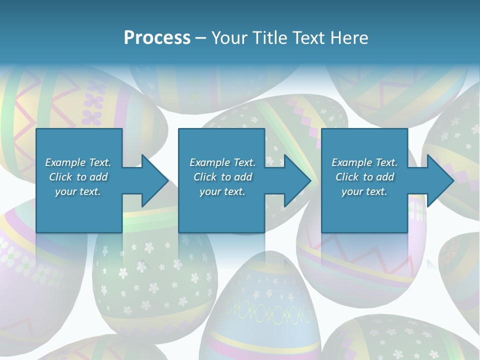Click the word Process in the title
click(x=157, y=38)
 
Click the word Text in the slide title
click(x=310, y=38)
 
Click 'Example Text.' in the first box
click(x=78, y=162)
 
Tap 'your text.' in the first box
click(x=78, y=191)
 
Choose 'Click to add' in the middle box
click(x=222, y=177)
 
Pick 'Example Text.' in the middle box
click(x=222, y=162)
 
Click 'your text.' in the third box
click(x=364, y=191)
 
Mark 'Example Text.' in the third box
click(x=364, y=162)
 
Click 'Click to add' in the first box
click(x=78, y=177)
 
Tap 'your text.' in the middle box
click(x=222, y=191)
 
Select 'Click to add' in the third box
click(x=364, y=177)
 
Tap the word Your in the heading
click(x=229, y=38)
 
